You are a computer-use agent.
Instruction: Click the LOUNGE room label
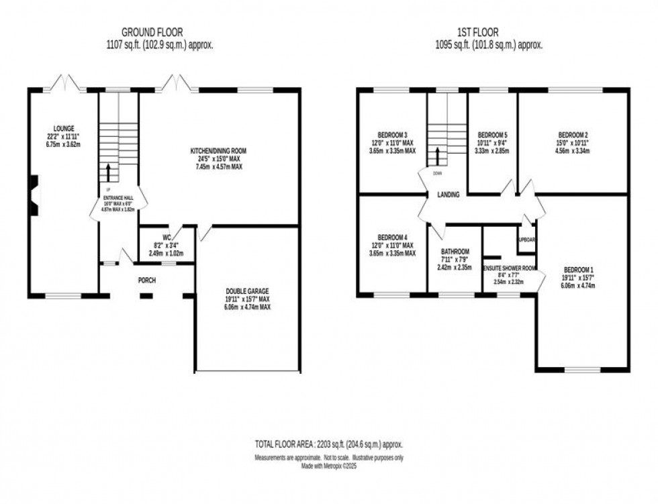point(65,128)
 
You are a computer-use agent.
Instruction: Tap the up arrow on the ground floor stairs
point(107,171)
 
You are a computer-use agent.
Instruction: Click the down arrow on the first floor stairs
point(437,156)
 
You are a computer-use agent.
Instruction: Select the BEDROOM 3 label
point(391,135)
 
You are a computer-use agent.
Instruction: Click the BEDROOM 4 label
point(392,238)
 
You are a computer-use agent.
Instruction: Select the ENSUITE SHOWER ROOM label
point(510,268)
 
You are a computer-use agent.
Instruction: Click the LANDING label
point(448,195)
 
